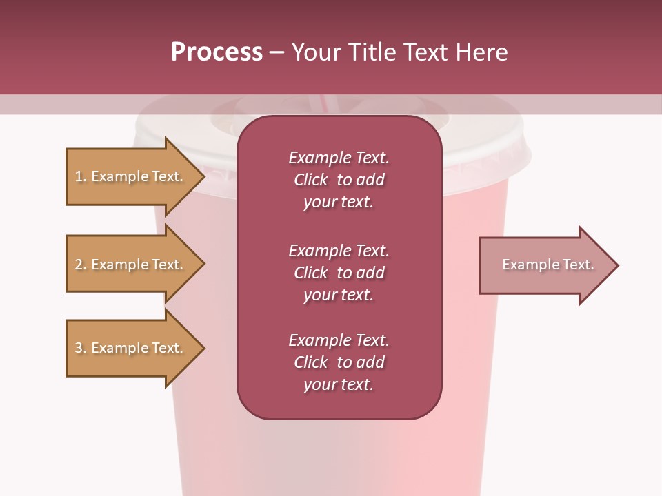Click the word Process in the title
(x=217, y=52)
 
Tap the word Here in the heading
(x=481, y=52)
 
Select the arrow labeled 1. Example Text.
(x=131, y=176)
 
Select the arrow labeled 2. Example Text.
(x=131, y=265)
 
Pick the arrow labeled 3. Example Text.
(x=131, y=348)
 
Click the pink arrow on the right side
(x=545, y=265)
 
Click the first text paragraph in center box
(x=339, y=180)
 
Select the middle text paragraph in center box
(x=339, y=273)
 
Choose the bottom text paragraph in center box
(x=339, y=362)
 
